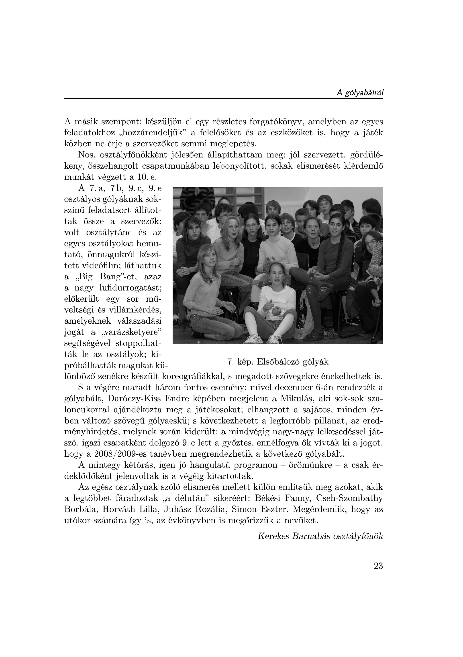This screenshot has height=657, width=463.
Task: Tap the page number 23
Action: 378,566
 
